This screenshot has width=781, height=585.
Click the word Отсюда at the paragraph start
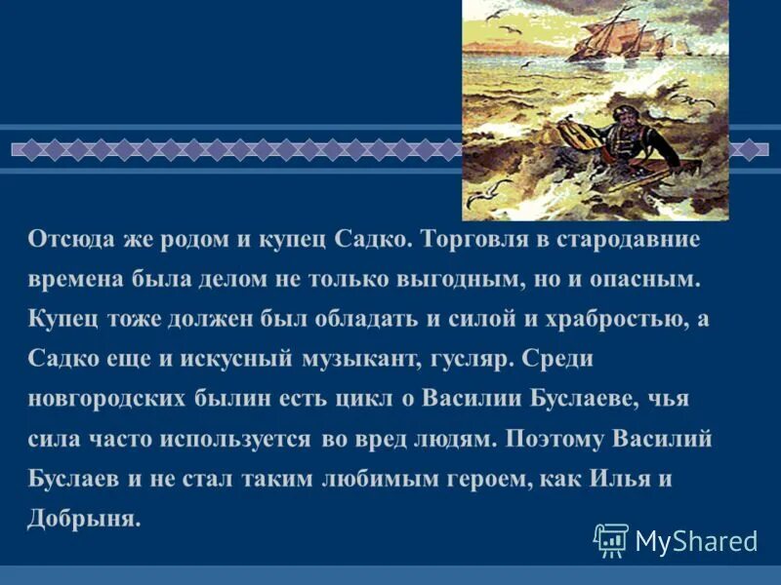point(65,239)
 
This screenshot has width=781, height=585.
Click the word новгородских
point(109,399)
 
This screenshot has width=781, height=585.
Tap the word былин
point(236,399)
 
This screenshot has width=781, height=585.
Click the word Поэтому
point(555,439)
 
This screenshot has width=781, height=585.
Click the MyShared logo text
point(696,539)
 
